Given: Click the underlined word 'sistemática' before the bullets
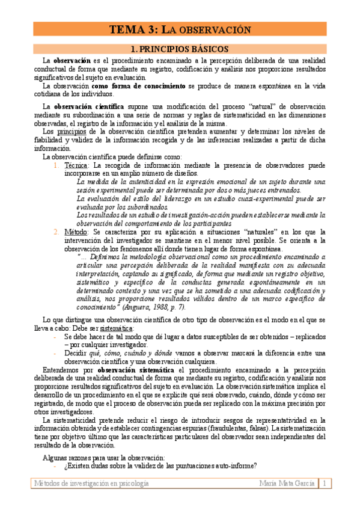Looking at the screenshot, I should tap(116, 328).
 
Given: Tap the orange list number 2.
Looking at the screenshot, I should tap(55, 232).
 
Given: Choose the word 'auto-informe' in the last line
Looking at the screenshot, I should tap(233, 465).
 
